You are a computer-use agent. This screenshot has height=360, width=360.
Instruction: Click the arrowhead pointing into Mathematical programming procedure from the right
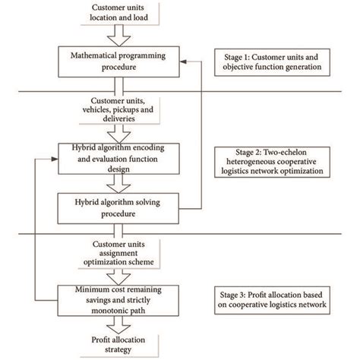pos(190,60)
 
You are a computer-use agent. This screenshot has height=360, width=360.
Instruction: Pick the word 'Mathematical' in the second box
pos(96,55)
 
